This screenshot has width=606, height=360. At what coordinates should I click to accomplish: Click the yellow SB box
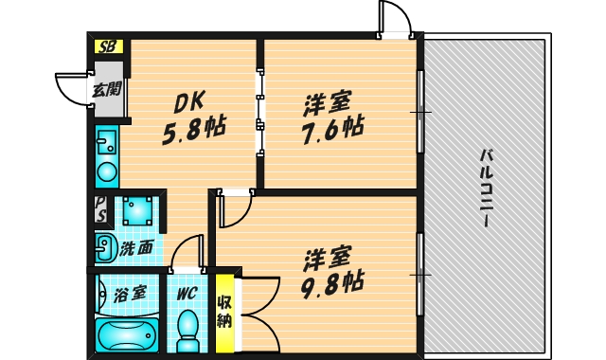point(106,46)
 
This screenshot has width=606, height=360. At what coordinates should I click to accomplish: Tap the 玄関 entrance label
point(106,92)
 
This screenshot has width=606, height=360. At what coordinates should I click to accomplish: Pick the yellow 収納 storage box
point(224,313)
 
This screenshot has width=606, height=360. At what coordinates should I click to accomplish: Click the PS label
point(100,209)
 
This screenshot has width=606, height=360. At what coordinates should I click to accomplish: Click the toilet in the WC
point(188,328)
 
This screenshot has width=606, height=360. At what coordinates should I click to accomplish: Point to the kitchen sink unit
point(106,156)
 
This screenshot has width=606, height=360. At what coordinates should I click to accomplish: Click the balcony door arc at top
point(396,19)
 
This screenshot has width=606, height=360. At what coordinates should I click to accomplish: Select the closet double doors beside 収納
point(256,313)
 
